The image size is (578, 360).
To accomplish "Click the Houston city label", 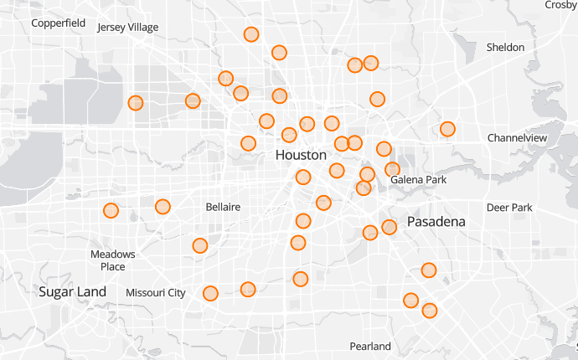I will (301, 156).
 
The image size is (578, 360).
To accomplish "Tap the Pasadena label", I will (436, 222).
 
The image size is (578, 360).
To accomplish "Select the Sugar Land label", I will (73, 291).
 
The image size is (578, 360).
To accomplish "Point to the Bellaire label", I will (223, 206).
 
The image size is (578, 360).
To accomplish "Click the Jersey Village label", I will (127, 28).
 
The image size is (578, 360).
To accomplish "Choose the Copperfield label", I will (59, 23).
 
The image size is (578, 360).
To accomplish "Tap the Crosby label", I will (560, 5).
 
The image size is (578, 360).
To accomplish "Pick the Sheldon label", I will (505, 48).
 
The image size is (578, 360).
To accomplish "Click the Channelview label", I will (517, 137).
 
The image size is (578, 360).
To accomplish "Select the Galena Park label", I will (419, 180).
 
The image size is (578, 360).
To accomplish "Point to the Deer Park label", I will (509, 207).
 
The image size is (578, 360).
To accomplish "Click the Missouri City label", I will (155, 293).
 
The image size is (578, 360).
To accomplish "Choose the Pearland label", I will (370, 346).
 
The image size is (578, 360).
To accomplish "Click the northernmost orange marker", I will (251, 34).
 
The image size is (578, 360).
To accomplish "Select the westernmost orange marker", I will (111, 210).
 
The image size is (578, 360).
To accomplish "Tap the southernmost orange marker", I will (430, 311).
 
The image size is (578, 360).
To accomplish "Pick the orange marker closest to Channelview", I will (447, 129).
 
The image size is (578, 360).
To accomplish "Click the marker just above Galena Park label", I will (392, 170).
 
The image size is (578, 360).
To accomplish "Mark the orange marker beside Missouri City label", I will (210, 293).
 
